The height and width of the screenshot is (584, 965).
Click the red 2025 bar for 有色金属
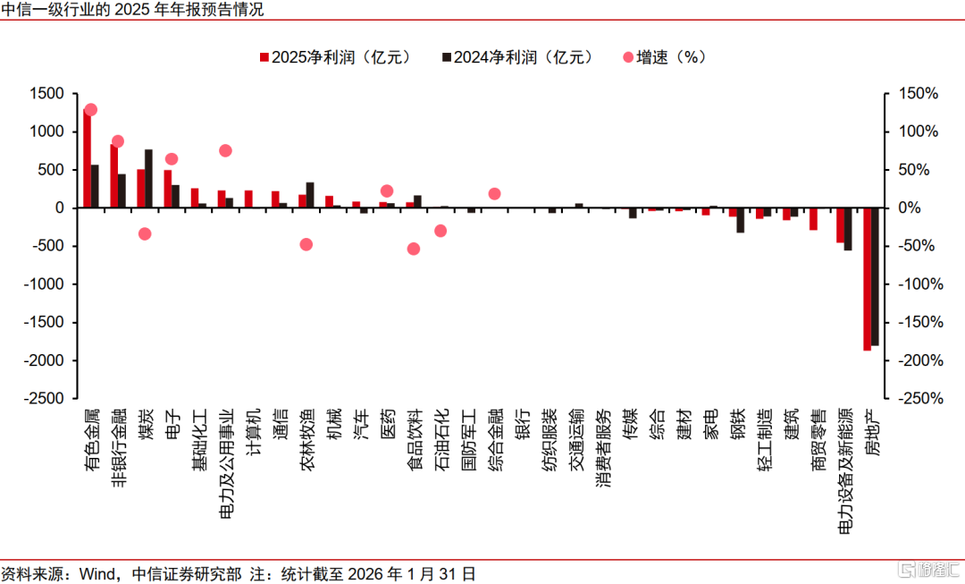87,158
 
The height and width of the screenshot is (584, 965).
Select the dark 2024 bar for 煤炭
148,179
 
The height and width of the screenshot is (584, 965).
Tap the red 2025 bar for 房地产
867,279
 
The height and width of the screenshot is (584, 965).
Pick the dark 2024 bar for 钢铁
741,220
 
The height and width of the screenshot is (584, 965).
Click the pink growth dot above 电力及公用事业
225,150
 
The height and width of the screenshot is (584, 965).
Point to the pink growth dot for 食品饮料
414,249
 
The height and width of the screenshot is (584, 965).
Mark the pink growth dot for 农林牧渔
306,244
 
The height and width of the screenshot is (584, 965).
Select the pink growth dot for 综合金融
494,193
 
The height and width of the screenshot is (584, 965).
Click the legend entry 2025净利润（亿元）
335,57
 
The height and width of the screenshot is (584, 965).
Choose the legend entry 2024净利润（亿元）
517,57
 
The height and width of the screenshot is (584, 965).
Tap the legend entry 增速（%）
665,57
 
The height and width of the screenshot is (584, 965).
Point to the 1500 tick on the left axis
46,94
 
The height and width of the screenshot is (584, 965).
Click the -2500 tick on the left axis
43,399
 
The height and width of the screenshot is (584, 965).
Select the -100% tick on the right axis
920,284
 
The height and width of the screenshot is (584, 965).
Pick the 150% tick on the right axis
919,94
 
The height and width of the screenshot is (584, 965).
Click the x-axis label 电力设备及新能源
845,470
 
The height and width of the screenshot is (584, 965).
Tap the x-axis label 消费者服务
603,447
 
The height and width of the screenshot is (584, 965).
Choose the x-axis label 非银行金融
118,447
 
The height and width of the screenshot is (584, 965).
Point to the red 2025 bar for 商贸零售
814,219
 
